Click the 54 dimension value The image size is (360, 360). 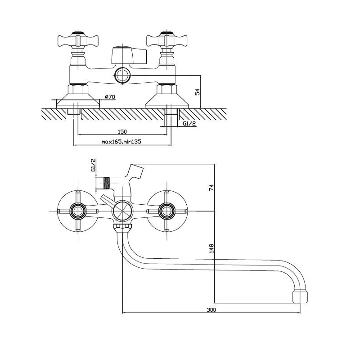[198, 92]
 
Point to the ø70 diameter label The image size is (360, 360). [110, 97]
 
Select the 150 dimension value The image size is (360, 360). [122, 131]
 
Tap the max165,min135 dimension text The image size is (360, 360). [121, 142]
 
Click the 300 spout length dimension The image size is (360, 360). [211, 310]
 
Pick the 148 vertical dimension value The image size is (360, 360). [211, 248]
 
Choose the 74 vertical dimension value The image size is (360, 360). [211, 187]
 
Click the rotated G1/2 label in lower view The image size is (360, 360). [94, 165]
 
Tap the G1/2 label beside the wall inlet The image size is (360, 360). [189, 123]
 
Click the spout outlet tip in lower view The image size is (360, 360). [300, 297]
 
